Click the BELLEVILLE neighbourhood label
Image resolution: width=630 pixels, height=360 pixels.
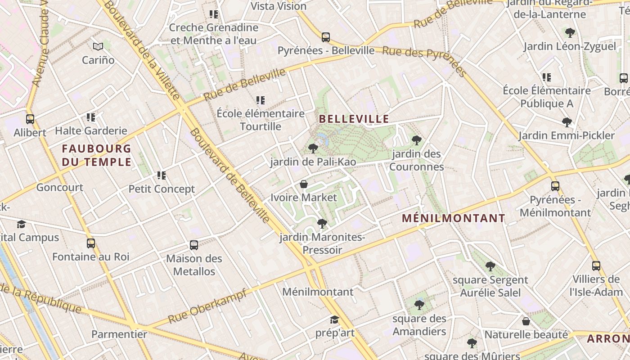click(x=354, y=119)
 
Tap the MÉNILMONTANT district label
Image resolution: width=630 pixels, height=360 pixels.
click(x=454, y=219)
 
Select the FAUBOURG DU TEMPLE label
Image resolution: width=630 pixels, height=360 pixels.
click(x=96, y=155)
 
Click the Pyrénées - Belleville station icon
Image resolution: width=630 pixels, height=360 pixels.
click(x=326, y=37)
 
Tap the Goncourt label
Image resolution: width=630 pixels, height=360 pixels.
click(x=60, y=188)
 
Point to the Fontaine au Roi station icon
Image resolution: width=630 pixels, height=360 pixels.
click(x=91, y=244)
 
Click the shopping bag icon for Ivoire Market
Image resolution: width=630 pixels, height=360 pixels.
click(x=304, y=184)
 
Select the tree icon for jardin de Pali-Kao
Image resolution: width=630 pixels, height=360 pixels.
click(x=313, y=148)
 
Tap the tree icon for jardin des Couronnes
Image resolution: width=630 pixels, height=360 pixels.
click(x=417, y=140)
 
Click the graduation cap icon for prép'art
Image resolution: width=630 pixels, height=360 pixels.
click(x=334, y=320)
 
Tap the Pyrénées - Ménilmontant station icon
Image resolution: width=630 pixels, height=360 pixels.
click(x=555, y=186)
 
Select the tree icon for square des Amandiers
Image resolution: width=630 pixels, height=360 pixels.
click(x=419, y=305)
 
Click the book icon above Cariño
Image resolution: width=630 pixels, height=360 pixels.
click(x=98, y=46)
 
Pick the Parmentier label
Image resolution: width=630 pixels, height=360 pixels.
click(x=119, y=334)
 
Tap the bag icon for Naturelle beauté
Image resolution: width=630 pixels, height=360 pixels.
click(x=526, y=321)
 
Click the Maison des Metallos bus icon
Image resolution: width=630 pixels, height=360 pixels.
click(x=194, y=245)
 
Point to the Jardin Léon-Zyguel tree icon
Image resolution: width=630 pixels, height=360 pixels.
click(x=570, y=33)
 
